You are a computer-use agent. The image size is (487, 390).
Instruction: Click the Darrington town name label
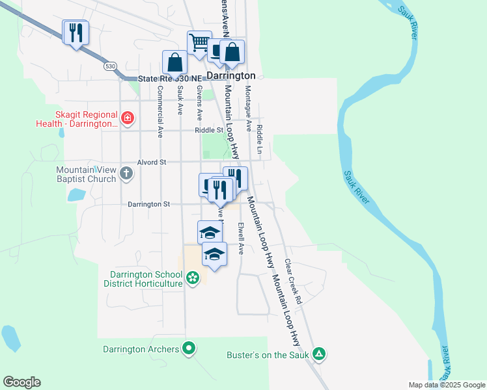pos(231,75)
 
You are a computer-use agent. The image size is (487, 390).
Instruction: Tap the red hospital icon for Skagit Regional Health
pos(128,118)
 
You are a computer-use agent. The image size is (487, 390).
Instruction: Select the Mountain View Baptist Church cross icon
pos(126,173)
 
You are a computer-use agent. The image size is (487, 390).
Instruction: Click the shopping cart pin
pos(199,43)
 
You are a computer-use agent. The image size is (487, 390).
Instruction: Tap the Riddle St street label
pos(208,130)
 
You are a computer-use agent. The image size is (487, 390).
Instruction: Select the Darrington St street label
pos(148,204)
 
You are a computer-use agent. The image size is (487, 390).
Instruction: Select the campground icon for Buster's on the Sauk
pos(319,354)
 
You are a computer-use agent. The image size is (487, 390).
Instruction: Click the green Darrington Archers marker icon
pos(189,349)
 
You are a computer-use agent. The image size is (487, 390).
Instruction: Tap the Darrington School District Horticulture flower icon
pos(193,279)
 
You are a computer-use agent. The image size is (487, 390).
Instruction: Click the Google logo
pos(21,382)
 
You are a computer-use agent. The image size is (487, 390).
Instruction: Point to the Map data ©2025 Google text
pos(446,385)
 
